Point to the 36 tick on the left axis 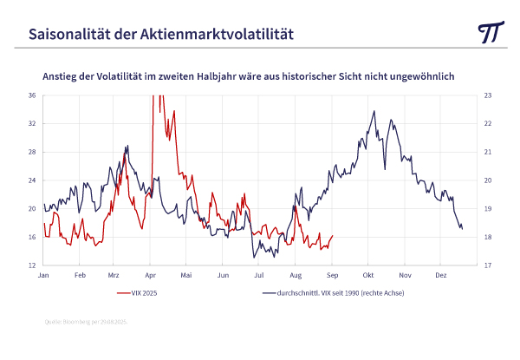pos(31,95)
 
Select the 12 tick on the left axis pos(31,265)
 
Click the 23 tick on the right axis pos(488,95)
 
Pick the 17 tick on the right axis pos(488,265)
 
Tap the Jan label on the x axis pos(43,276)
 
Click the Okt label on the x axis pos(368,276)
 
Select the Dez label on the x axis pos(441,276)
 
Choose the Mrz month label pos(114,276)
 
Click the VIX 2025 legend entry pos(144,293)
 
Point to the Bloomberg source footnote pos(86,322)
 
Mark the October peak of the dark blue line pos(374,111)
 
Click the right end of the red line pos(333,235)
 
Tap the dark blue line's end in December pos(462,229)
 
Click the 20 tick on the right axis pos(488,180)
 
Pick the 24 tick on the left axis pos(31,180)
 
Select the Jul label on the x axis pos(258,276)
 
